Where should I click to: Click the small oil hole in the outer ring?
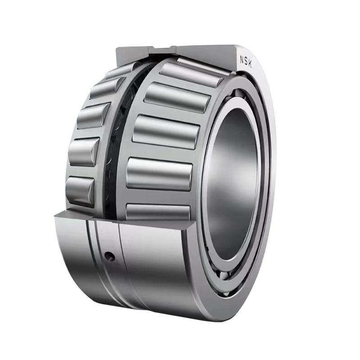[x=108, y=256]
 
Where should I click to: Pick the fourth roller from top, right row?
[x=160, y=173]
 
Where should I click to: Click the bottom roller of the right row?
[x=157, y=211]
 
